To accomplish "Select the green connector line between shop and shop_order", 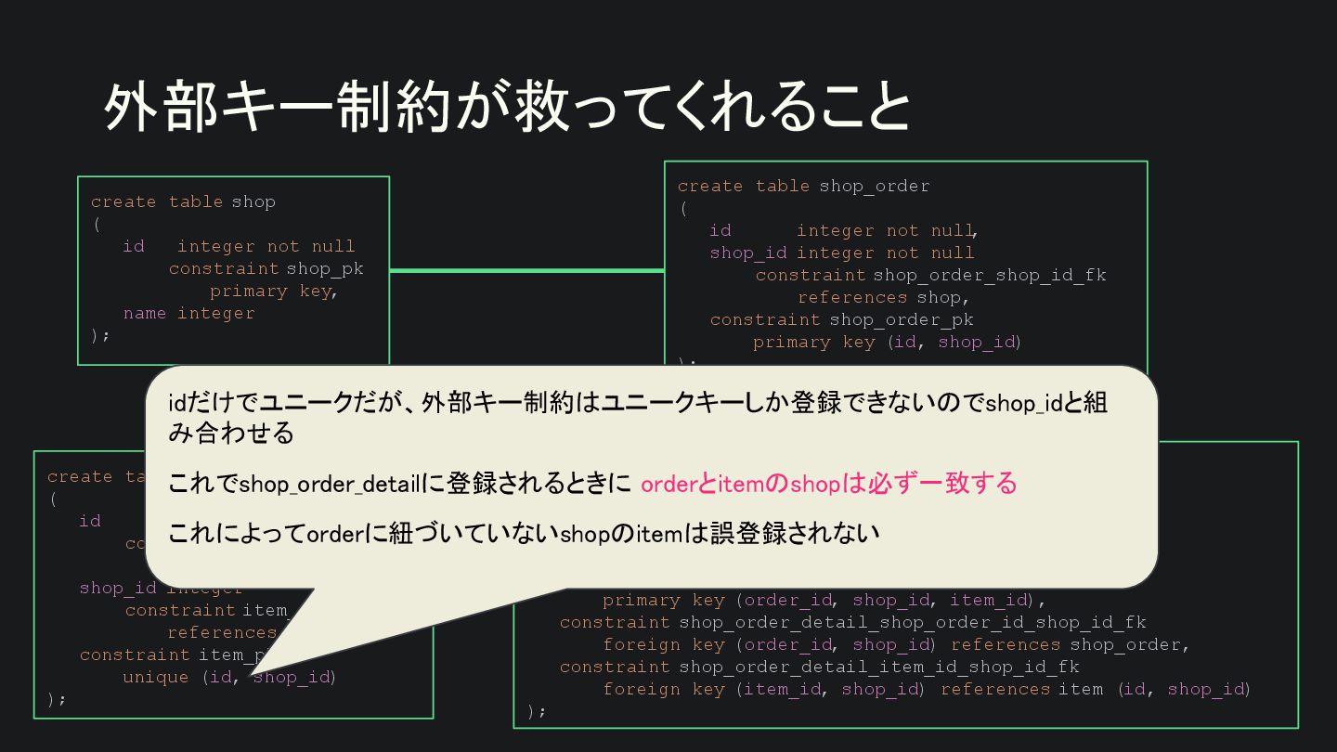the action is click(x=526, y=270).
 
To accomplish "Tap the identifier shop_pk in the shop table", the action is click(x=325, y=268).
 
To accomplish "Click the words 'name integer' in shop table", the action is click(x=188, y=313).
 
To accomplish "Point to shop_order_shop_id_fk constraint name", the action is click(x=990, y=275).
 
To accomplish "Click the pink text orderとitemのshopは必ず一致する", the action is click(x=828, y=484).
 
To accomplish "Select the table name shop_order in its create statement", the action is click(x=874, y=186).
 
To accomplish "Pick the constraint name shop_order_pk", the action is click(x=901, y=319).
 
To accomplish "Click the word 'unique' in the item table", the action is click(x=155, y=677).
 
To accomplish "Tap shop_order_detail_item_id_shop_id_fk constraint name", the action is click(x=878, y=667).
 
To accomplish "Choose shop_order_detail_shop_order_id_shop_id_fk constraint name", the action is click(x=912, y=622).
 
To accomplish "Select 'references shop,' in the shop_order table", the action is click(x=883, y=297).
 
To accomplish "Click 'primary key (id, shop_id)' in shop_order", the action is click(x=887, y=342).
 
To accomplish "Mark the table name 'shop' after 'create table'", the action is click(x=253, y=201).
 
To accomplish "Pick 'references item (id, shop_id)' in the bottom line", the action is click(x=1096, y=689).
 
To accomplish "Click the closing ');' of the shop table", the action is click(x=100, y=335).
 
